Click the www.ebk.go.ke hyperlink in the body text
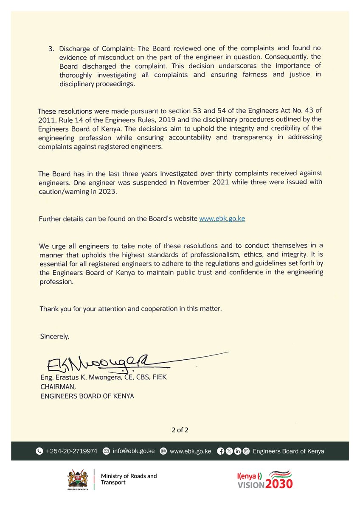[x=222, y=219]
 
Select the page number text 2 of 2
[x=180, y=430]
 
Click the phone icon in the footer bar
[x=39, y=451]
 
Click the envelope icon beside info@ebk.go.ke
[x=107, y=451]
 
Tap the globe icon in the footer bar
[x=163, y=451]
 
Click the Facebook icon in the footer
[x=220, y=451]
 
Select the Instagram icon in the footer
[x=246, y=451]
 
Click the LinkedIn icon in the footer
[x=237, y=451]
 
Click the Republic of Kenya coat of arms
[x=78, y=479]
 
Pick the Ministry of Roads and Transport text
[x=129, y=479]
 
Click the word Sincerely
[x=54, y=336]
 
